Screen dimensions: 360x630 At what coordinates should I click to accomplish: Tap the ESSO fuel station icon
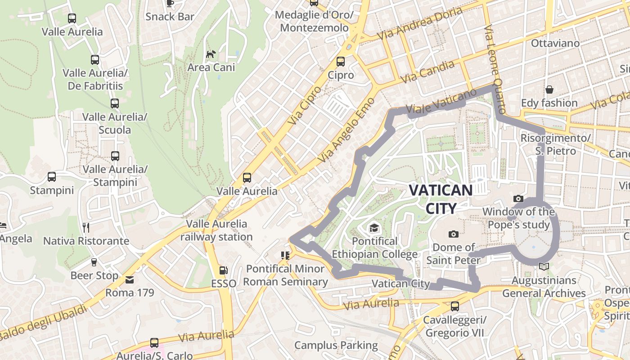pyautogui.click(x=223, y=270)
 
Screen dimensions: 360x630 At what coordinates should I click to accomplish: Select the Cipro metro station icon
pyautogui.click(x=341, y=61)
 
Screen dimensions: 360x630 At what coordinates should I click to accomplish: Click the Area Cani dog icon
pyautogui.click(x=211, y=54)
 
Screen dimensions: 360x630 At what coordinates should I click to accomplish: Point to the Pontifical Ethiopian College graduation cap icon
pyautogui.click(x=374, y=228)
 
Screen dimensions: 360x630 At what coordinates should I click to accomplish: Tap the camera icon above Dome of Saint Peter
pyautogui.click(x=454, y=234)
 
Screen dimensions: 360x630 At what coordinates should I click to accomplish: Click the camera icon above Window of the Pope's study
pyautogui.click(x=518, y=198)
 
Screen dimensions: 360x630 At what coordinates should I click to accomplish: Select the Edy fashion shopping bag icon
pyautogui.click(x=549, y=90)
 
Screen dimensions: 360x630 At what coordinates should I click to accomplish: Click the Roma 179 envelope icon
pyautogui.click(x=130, y=280)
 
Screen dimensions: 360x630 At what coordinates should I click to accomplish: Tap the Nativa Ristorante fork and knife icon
pyautogui.click(x=86, y=228)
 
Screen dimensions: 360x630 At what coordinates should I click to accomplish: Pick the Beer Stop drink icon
pyautogui.click(x=94, y=262)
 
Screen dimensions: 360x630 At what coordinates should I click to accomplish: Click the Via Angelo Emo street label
pyautogui.click(x=346, y=130)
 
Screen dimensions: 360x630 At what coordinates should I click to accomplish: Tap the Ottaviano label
pyautogui.click(x=555, y=44)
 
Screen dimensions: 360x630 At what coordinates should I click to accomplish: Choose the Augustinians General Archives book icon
pyautogui.click(x=544, y=267)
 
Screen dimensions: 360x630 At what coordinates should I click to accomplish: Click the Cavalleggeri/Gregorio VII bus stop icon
pyautogui.click(x=455, y=306)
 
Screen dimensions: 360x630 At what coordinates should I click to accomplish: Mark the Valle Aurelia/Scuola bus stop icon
pyautogui.click(x=115, y=103)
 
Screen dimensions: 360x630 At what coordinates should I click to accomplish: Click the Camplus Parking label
pyautogui.click(x=336, y=345)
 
